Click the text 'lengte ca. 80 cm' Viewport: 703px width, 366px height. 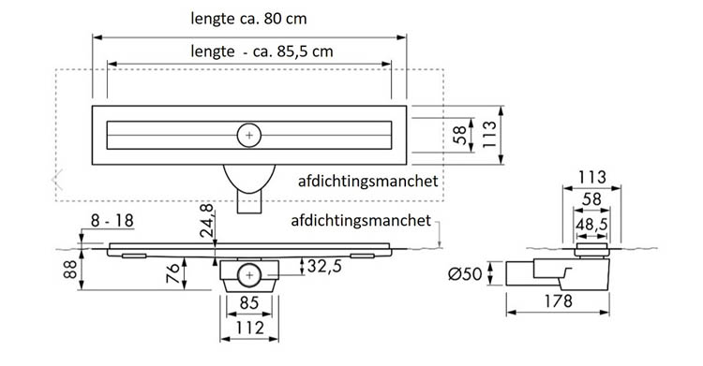coord(248,19)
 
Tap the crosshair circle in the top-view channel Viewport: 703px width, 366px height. coord(248,135)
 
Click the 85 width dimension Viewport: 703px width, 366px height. coord(248,302)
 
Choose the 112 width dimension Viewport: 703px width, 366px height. coord(248,328)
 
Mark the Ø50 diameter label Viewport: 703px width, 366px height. coord(466,273)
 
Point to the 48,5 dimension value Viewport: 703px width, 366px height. coord(591,226)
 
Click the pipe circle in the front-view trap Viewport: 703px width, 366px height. coord(248,275)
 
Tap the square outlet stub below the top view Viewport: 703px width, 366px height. coord(249,201)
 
